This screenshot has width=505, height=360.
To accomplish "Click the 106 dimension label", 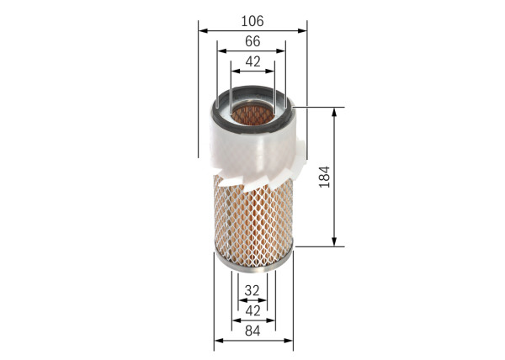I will tap(252, 19).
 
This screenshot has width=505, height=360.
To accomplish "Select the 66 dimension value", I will tap(252, 40).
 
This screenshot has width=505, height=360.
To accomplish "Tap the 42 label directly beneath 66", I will tap(252, 61).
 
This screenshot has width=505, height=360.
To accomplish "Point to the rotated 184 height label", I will tap(325, 177).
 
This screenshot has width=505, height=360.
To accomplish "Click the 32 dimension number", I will tap(252, 290).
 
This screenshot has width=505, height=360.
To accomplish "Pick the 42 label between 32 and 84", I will tap(252, 310).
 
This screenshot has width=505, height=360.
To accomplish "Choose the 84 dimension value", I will tap(252, 331).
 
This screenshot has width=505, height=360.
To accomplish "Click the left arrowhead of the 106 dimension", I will tap(203, 30).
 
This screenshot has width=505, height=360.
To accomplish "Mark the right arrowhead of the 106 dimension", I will tap(302, 30).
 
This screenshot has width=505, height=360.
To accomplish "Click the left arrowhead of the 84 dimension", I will tap(218, 341).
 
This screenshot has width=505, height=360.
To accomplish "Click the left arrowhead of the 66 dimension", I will tap(221, 51).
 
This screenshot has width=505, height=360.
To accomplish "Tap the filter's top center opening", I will tap(252, 112).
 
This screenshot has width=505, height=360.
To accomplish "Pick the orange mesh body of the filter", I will tap(252, 223).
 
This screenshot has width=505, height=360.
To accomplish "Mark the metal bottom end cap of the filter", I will tap(252, 267).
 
